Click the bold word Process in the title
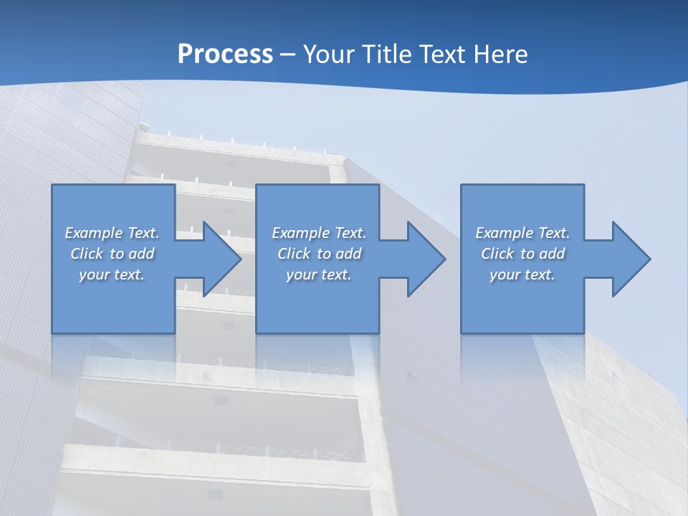pyautogui.click(x=225, y=54)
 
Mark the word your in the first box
pyautogui.click(x=94, y=274)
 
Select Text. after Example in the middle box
pyautogui.click(x=348, y=233)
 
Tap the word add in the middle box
pyautogui.click(x=348, y=254)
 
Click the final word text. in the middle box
pyautogui.click(x=335, y=274)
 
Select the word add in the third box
pyautogui.click(x=552, y=254)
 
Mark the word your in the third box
pyautogui.click(x=505, y=274)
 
